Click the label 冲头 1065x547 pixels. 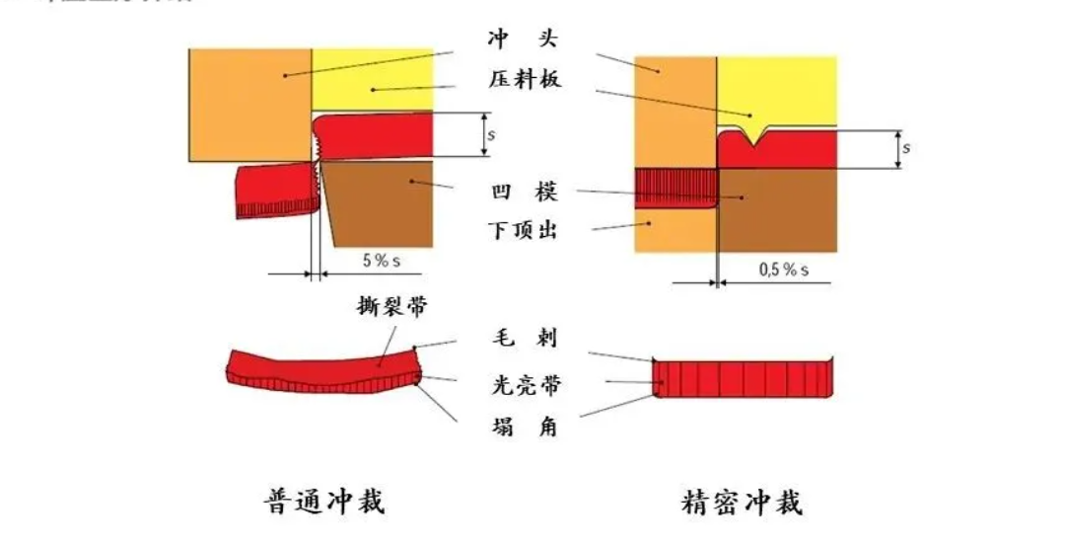[x=524, y=40]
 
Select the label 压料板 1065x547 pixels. [x=524, y=80]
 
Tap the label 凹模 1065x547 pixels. [x=524, y=193]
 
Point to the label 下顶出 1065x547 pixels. [x=524, y=231]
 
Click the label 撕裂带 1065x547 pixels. [x=391, y=307]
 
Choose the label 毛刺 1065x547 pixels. [x=524, y=339]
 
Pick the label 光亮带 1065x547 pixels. [x=524, y=383]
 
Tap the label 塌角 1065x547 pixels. [x=524, y=428]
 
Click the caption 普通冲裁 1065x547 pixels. [x=324, y=502]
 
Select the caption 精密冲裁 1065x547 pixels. [x=743, y=502]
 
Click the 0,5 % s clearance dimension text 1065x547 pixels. [x=783, y=269]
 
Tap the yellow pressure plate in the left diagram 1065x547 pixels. [x=373, y=79]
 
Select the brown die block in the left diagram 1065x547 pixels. [x=380, y=202]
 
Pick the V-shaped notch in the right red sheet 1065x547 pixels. [x=755, y=136]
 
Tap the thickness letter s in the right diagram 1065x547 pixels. [x=905, y=148]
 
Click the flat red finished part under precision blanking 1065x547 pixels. [x=745, y=379]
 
